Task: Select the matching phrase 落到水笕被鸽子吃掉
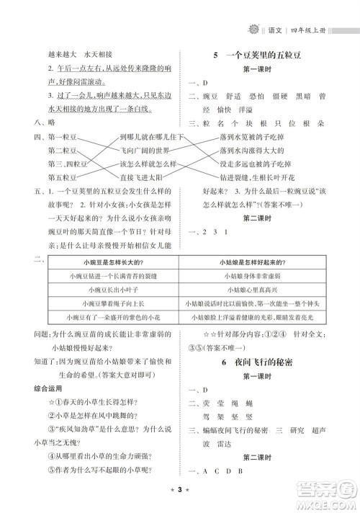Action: click(x=251, y=137)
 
